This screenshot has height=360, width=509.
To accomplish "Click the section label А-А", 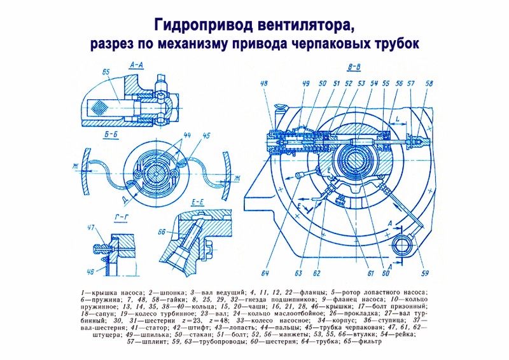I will [137, 65].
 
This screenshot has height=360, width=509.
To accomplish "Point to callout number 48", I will [264, 83].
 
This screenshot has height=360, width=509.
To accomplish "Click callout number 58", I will [429, 83].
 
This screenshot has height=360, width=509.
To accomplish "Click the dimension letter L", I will [398, 119].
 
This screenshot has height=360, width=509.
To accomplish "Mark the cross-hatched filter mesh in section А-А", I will [99, 107].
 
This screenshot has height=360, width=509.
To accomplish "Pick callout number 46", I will [91, 272].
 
